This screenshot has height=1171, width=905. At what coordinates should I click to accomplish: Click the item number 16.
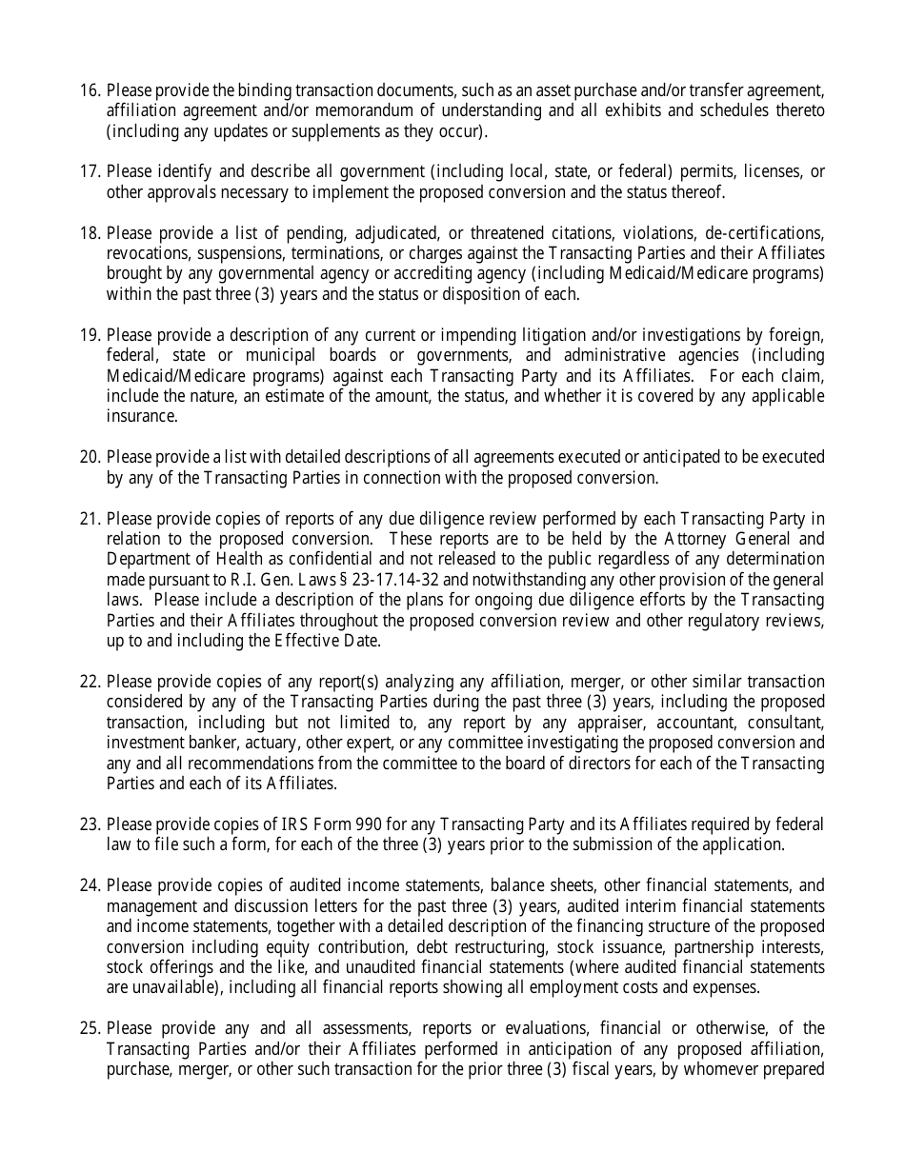(89, 90)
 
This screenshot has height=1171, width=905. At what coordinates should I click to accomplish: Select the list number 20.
(89, 457)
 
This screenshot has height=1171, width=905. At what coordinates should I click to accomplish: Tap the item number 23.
(89, 824)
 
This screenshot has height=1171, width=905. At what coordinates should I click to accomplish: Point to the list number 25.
(89, 1028)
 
